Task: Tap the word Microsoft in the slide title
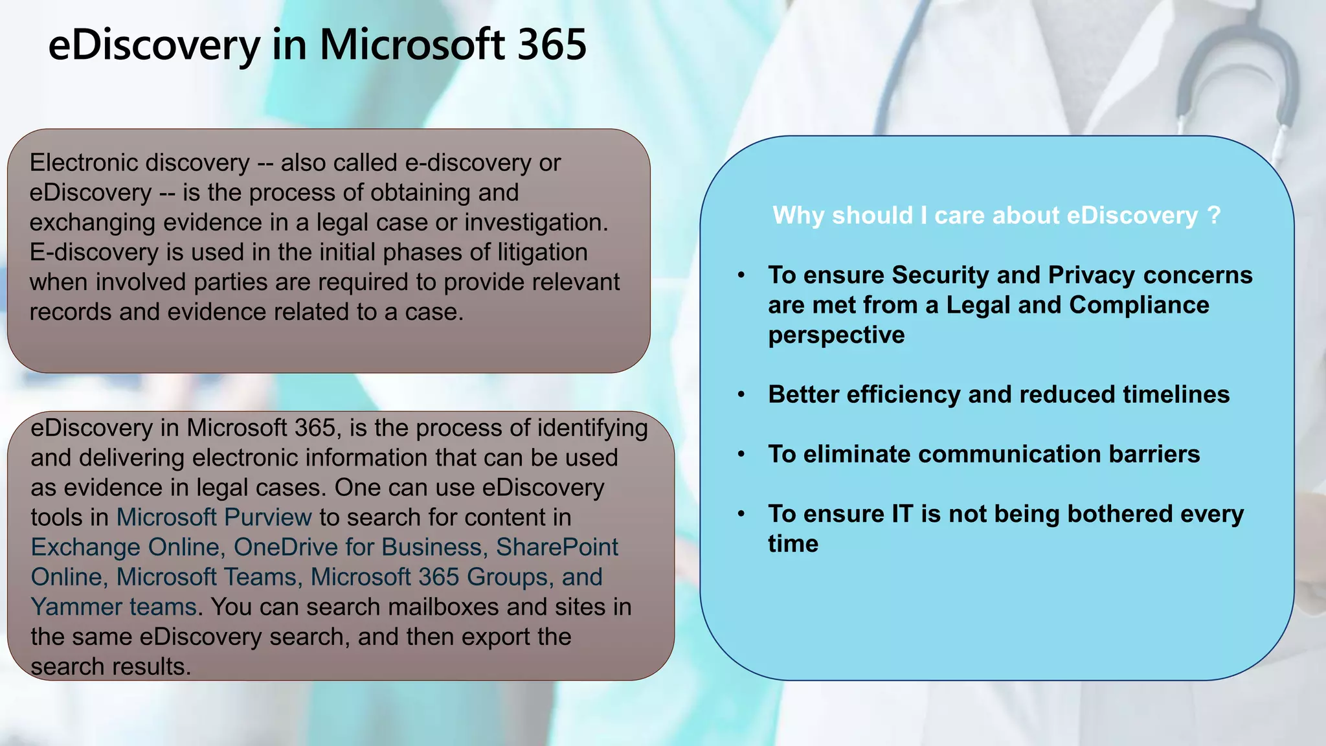412,45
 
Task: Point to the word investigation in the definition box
535,222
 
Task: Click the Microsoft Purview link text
214,517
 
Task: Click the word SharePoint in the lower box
557,547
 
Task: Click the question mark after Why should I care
1214,215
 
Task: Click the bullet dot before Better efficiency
741,394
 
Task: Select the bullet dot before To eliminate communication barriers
741,454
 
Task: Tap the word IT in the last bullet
902,514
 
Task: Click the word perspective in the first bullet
837,335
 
